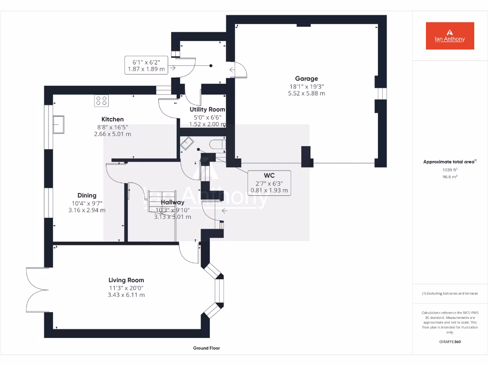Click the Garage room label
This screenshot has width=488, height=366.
coord(306,79)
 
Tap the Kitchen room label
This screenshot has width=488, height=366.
coord(112,119)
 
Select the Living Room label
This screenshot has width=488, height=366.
coord(126,280)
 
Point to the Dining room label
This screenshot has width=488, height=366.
coord(87,195)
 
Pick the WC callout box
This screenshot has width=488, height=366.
coord(269,183)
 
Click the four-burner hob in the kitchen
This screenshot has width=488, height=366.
coord(101,101)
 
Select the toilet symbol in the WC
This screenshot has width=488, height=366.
coord(218,145)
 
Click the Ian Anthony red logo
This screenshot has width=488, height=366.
coord(450,36)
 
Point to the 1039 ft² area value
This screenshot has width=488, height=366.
coord(449,170)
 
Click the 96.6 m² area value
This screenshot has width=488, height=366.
coord(449,176)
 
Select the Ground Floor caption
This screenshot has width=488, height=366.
coord(206,348)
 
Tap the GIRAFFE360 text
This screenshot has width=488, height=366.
coord(450,342)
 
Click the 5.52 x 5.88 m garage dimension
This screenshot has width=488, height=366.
coord(306,93)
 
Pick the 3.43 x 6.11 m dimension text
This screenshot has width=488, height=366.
coord(126,295)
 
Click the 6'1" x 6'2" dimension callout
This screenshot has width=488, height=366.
coord(146,65)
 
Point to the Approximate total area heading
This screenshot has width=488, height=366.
coord(448,162)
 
